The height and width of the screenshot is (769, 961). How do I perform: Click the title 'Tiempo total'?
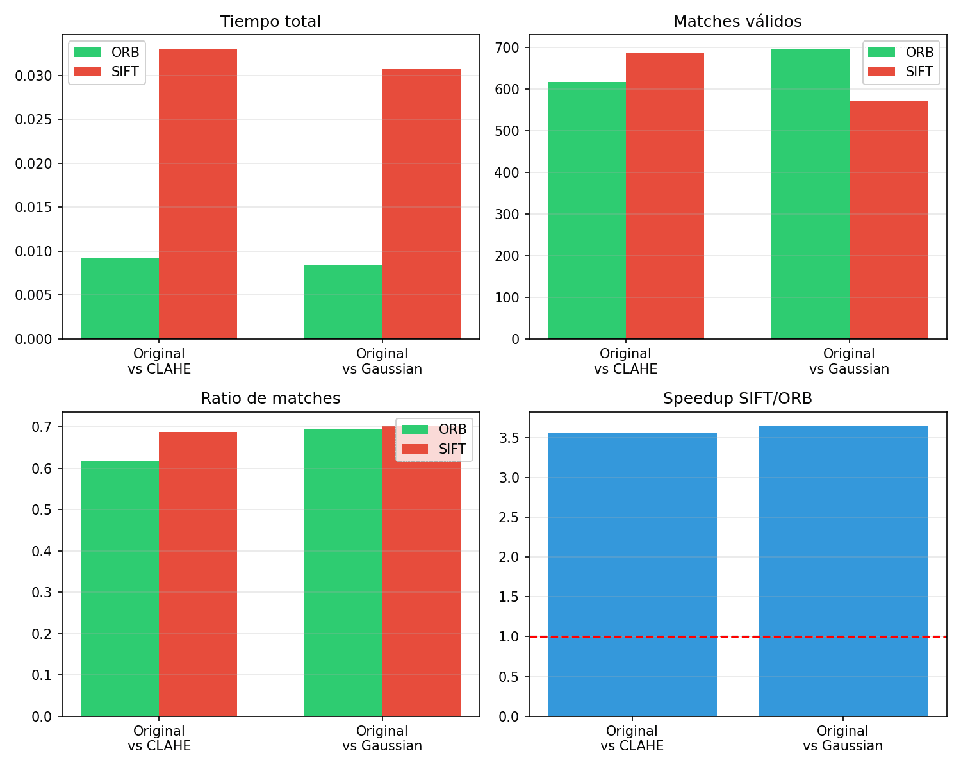point(270,22)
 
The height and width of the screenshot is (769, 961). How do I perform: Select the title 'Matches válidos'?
point(737,22)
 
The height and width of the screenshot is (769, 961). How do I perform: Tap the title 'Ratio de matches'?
point(270,399)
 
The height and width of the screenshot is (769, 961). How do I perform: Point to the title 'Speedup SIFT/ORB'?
point(737,399)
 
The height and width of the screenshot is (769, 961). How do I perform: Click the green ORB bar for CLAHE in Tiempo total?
point(120,298)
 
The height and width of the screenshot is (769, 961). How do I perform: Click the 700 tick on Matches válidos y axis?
point(507,47)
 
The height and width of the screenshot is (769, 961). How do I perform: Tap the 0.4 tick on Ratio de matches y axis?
point(42,551)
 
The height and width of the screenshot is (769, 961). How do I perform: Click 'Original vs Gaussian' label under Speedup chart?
point(842,738)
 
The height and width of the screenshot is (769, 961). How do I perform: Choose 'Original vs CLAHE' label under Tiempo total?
point(159,361)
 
